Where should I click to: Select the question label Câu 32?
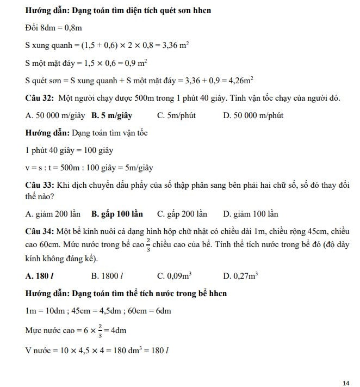(x=39, y=98)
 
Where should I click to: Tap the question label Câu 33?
(x=39, y=186)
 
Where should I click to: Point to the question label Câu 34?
(x=39, y=232)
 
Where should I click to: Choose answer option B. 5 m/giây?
(x=111, y=115)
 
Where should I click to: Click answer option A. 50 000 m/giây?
(x=55, y=115)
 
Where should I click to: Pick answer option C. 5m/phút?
(x=176, y=115)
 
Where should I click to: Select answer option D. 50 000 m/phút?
(x=253, y=115)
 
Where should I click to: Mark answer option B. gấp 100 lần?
(x=117, y=214)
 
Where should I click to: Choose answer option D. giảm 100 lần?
(x=251, y=214)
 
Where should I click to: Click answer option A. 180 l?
(x=39, y=276)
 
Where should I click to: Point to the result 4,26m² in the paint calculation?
(x=239, y=81)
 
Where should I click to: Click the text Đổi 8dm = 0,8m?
(x=53, y=28)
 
